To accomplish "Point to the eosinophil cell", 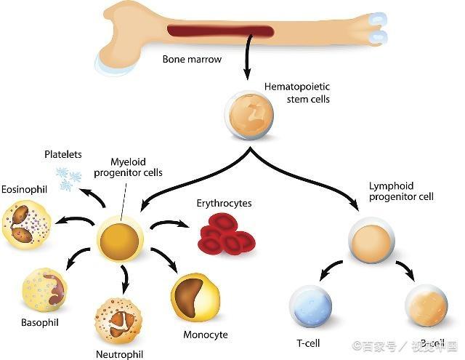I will pos(27,225).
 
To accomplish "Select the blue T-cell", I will pos(310,306).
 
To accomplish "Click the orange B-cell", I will pos(426,306).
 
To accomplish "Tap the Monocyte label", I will pos(206,335).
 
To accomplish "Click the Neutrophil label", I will pos(119,354).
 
